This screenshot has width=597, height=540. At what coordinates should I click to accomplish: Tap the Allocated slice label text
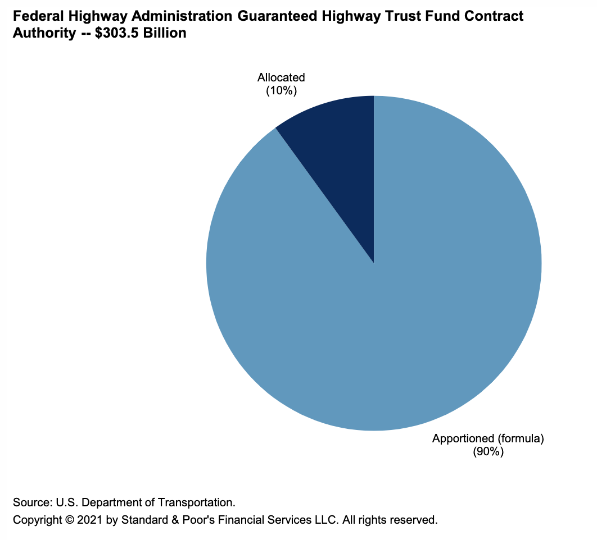(281, 77)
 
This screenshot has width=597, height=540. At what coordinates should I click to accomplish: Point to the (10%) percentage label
(281, 90)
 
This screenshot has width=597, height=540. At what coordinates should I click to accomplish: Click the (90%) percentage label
(488, 451)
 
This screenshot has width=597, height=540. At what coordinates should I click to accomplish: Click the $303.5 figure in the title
(111, 33)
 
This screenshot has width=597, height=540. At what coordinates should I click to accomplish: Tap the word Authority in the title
(40, 33)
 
